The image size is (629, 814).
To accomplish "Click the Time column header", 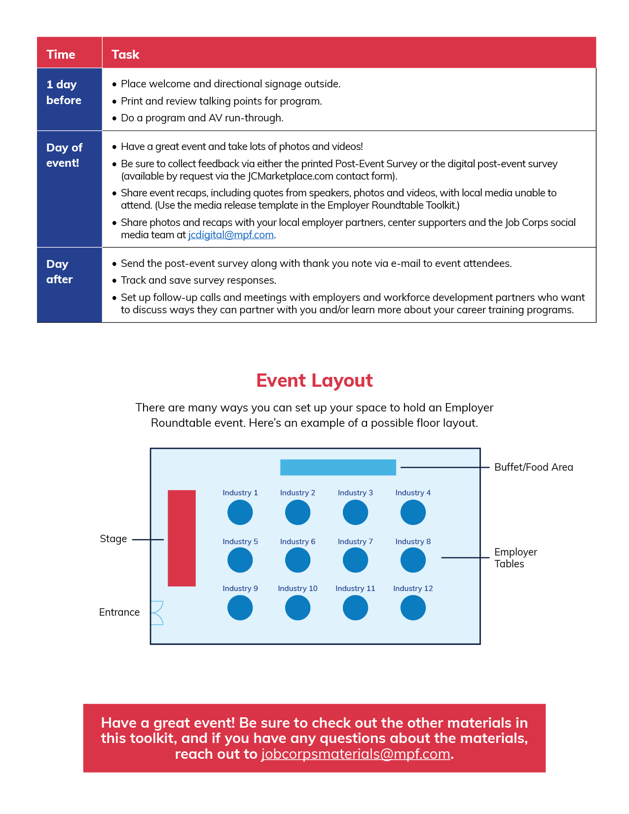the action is click(61, 55).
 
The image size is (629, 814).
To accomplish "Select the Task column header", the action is click(125, 55).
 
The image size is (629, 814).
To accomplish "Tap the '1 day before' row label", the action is click(64, 92).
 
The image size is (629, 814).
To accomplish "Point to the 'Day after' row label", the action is click(59, 272).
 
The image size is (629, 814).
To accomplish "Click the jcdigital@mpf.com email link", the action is click(231, 235).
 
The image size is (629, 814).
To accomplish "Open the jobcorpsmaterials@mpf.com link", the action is click(356, 754).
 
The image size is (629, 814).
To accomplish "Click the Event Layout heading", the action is click(314, 380).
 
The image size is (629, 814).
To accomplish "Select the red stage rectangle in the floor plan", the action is click(182, 538).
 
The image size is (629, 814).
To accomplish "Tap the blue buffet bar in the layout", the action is click(338, 467).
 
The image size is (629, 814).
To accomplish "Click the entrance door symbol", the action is click(157, 613).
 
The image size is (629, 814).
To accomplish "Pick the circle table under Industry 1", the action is click(240, 513).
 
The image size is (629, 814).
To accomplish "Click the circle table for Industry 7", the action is click(356, 560).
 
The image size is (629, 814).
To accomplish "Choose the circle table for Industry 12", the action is click(413, 608).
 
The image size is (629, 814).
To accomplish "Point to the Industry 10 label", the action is click(298, 589).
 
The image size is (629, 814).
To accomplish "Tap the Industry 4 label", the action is click(413, 493).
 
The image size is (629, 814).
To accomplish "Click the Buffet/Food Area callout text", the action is click(533, 467).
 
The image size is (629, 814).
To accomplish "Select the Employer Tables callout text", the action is click(516, 558).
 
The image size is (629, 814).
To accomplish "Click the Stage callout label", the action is click(113, 539).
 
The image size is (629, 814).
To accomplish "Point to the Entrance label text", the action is click(119, 612).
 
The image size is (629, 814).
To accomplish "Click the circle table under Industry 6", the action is click(298, 560).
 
